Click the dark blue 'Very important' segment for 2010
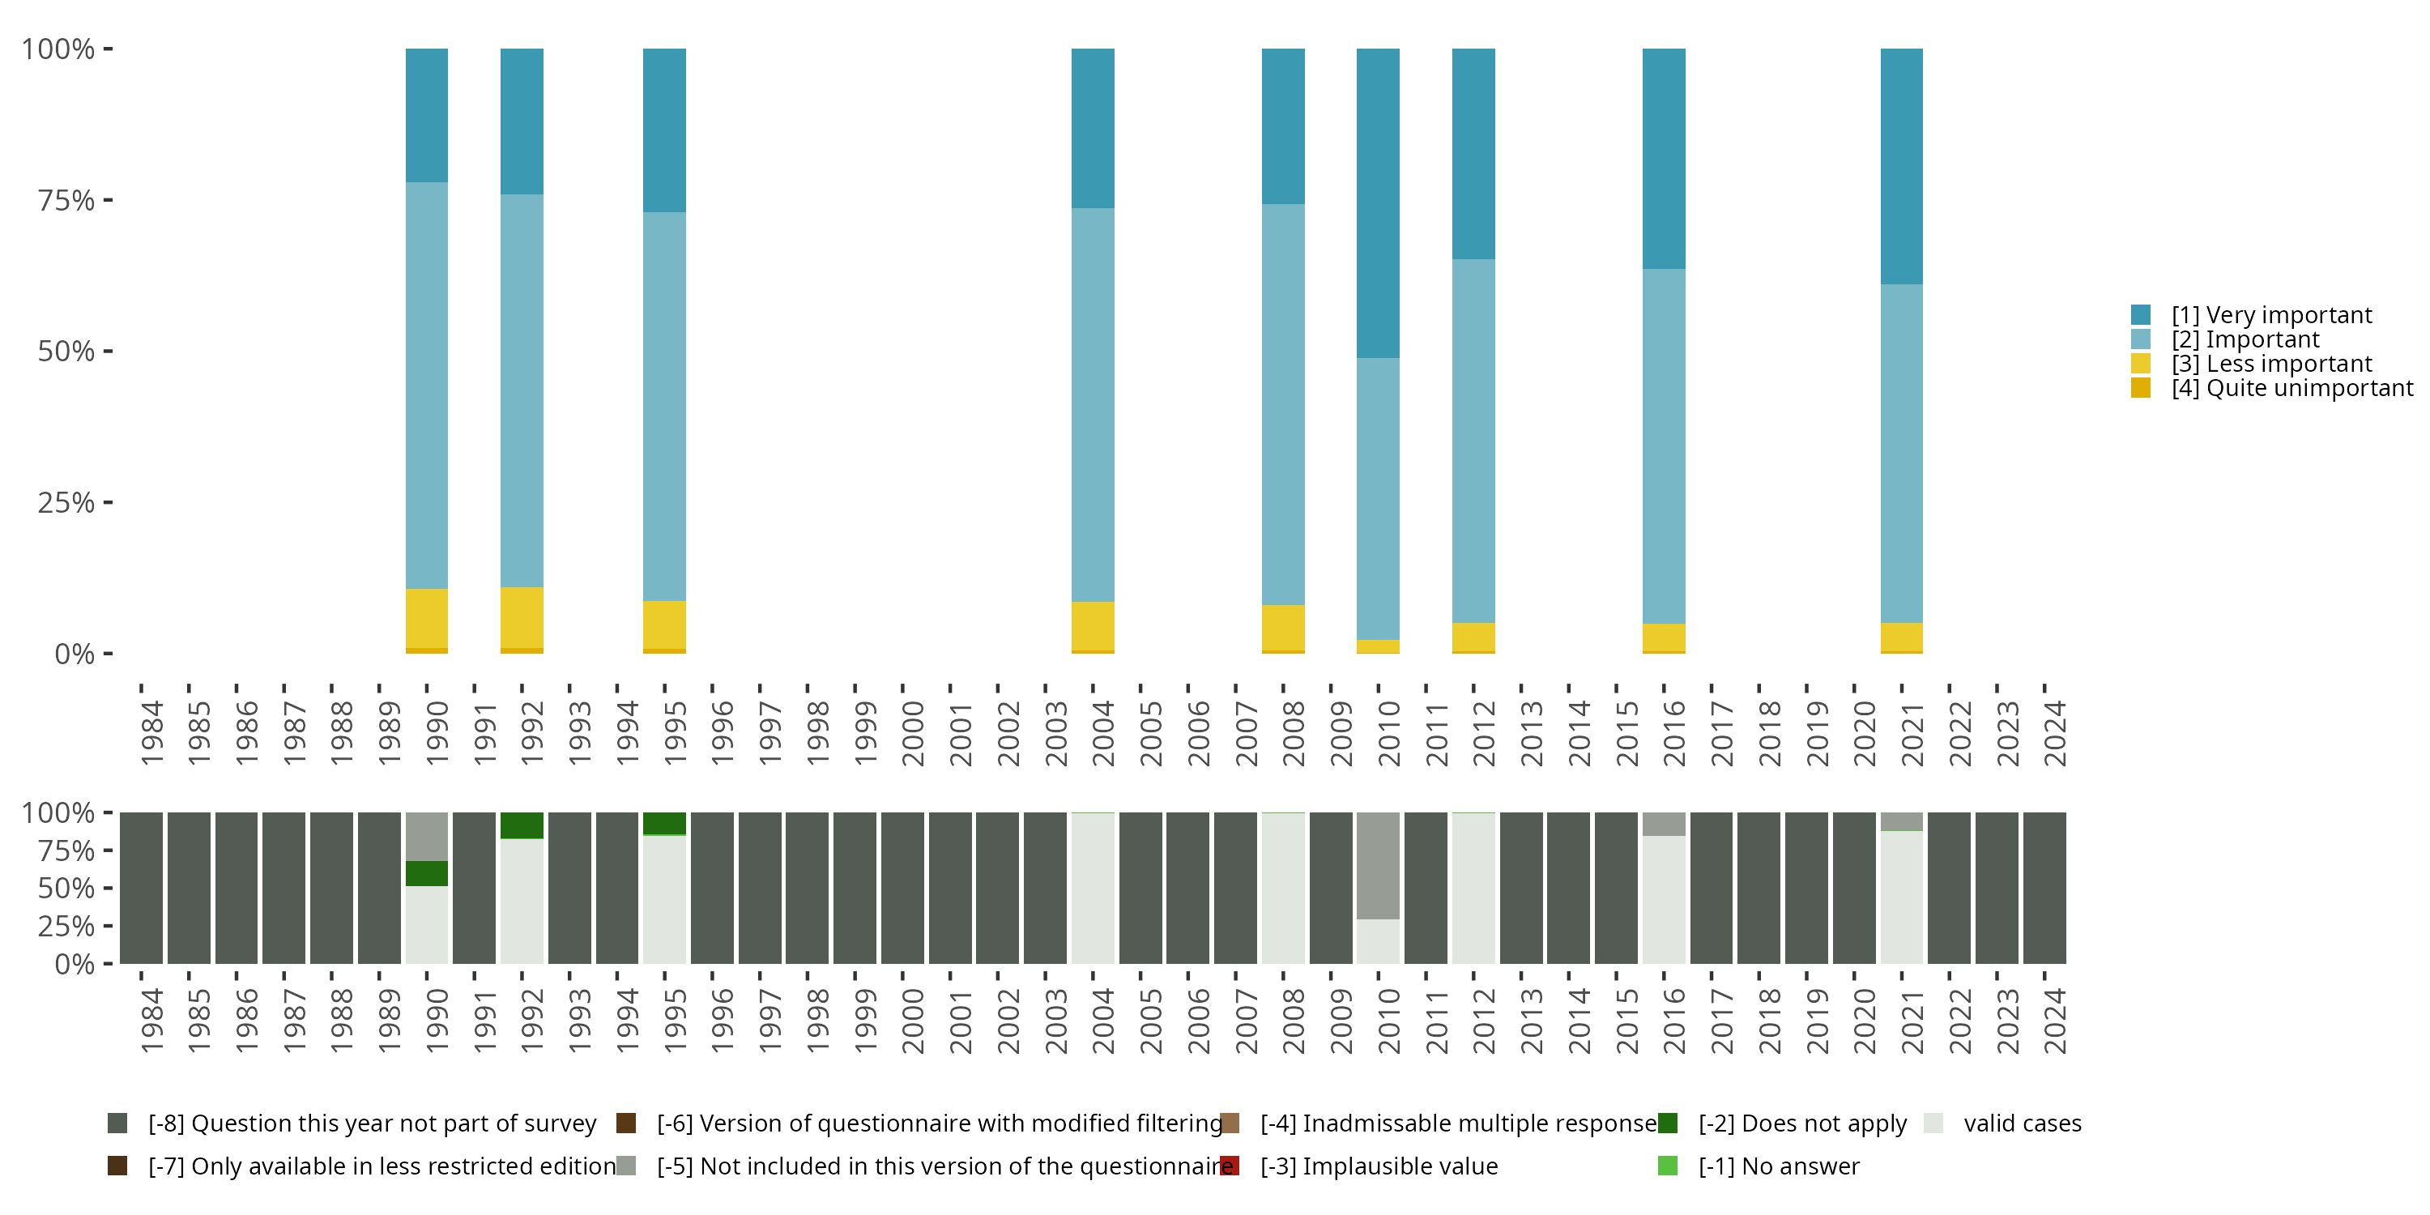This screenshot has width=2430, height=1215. [1377, 202]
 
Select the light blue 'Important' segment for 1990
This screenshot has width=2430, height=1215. [426, 385]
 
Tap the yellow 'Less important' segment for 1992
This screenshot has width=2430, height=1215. [522, 617]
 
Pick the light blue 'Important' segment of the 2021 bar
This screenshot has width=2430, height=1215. [1901, 453]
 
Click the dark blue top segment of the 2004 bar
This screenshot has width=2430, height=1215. [1093, 127]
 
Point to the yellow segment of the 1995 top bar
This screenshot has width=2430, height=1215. [664, 625]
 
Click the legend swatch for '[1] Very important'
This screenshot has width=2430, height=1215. [2140, 315]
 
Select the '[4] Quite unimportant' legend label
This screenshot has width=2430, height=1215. [2291, 389]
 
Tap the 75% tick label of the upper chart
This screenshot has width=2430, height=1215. [66, 201]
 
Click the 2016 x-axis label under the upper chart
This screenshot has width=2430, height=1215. [1673, 733]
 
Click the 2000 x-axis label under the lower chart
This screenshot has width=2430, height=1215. [912, 1021]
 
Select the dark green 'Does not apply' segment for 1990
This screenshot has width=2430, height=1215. [426, 873]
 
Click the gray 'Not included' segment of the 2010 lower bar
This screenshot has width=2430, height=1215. [1377, 865]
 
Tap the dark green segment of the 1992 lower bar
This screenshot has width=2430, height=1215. [522, 825]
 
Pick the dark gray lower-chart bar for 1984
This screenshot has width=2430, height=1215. [142, 888]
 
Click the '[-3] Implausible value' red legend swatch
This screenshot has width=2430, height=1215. [1229, 1166]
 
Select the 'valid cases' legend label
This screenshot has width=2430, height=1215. [2022, 1123]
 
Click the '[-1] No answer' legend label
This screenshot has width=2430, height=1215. [1778, 1166]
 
